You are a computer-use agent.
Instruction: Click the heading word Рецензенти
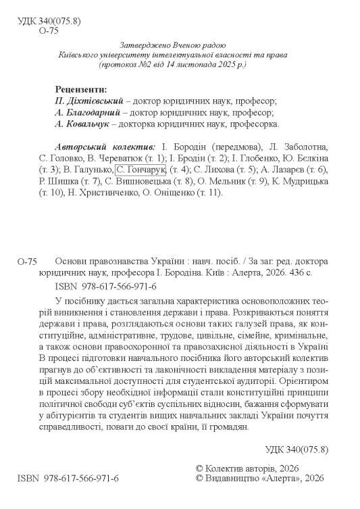78,90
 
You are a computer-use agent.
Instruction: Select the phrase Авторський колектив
104,147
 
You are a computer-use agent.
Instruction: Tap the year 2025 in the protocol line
228,66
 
